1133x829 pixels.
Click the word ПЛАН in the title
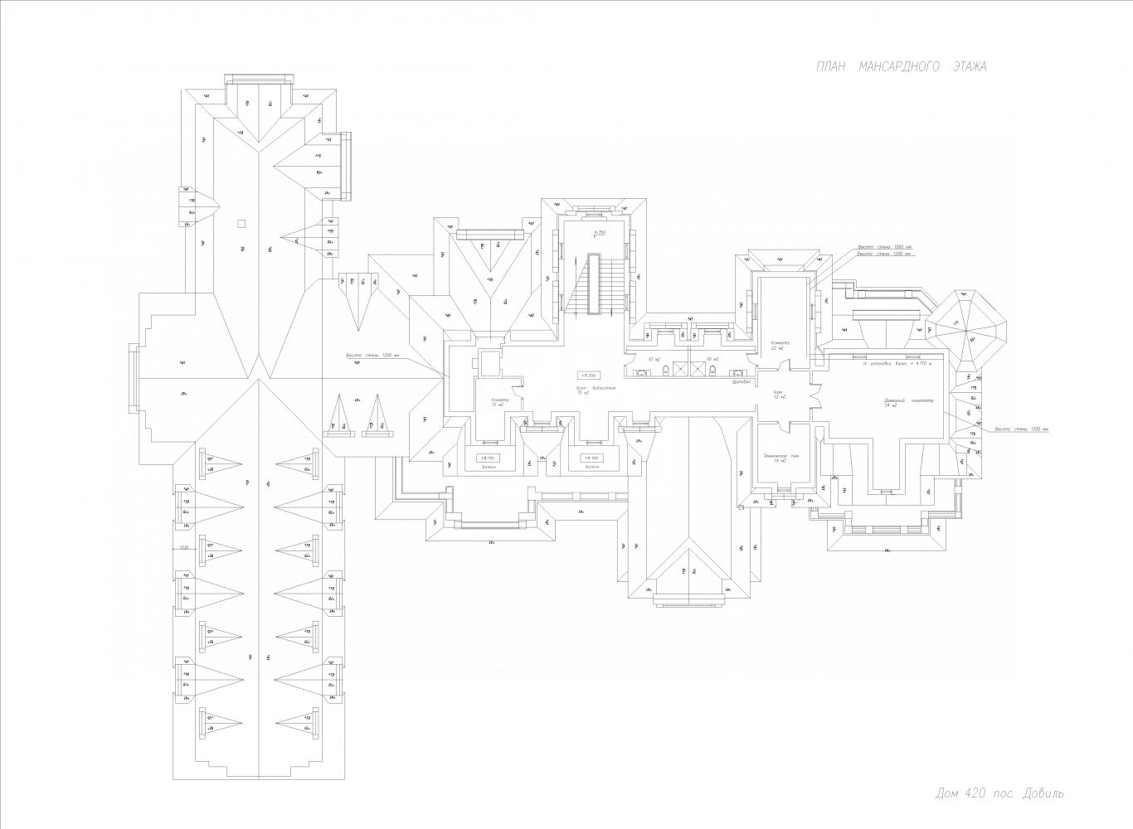click(x=831, y=67)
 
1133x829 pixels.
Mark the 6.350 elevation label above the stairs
click(x=600, y=233)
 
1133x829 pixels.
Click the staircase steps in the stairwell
click(x=593, y=286)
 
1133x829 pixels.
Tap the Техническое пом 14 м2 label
click(x=780, y=458)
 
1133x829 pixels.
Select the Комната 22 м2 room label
click(x=778, y=346)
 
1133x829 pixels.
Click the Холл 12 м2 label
click(x=778, y=395)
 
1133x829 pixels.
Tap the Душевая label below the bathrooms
click(x=742, y=382)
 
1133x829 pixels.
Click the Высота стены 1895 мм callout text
click(x=884, y=247)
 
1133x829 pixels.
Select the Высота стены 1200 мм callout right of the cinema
click(x=1022, y=429)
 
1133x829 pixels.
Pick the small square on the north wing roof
click(x=241, y=222)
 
